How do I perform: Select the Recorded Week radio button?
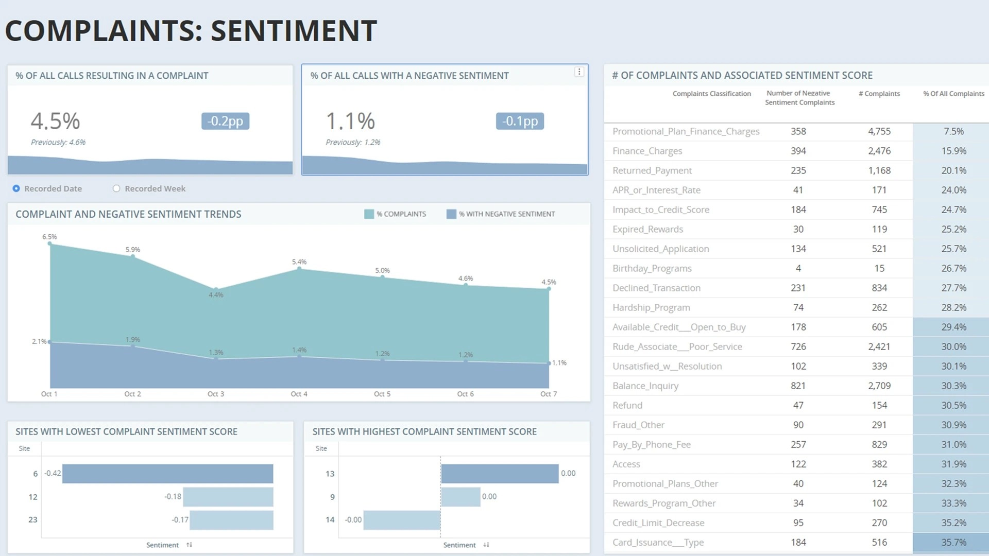click(116, 188)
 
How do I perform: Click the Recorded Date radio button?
click(16, 188)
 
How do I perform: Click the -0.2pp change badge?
click(225, 121)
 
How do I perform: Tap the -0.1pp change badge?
click(520, 121)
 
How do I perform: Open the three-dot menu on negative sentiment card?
click(579, 72)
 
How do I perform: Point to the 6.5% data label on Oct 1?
click(49, 237)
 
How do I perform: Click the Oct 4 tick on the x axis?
click(299, 394)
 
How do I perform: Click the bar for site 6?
click(167, 474)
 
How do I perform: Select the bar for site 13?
click(500, 474)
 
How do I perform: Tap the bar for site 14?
click(402, 520)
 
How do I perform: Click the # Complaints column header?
click(879, 94)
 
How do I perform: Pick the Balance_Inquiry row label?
click(645, 386)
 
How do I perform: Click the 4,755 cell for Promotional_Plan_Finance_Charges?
click(879, 131)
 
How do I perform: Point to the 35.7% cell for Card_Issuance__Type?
click(953, 542)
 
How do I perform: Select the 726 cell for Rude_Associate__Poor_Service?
click(798, 346)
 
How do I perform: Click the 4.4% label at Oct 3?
click(216, 295)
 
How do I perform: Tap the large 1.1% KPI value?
click(350, 121)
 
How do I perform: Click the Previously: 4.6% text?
click(58, 142)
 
